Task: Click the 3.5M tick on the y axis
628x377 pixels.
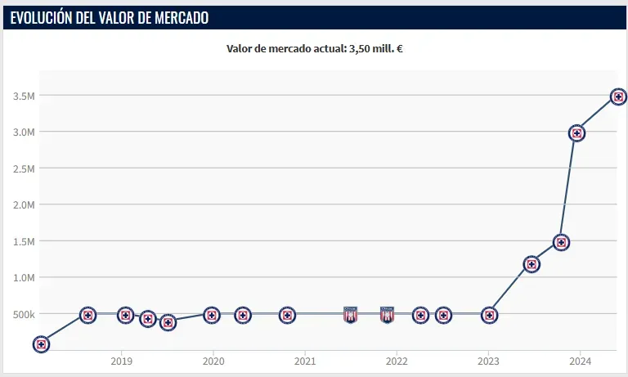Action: pyautogui.click(x=23, y=96)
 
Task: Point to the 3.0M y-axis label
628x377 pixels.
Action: pyautogui.click(x=23, y=132)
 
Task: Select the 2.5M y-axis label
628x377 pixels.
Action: pyautogui.click(x=23, y=168)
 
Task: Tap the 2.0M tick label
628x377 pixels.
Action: pyautogui.click(x=23, y=205)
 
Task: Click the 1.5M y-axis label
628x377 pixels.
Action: pyautogui.click(x=23, y=242)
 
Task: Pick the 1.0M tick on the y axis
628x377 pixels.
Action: pyautogui.click(x=23, y=278)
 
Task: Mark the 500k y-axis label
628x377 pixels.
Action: pyautogui.click(x=23, y=315)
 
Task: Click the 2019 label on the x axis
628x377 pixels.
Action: pyautogui.click(x=121, y=361)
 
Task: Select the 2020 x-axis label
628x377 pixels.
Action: pyautogui.click(x=213, y=361)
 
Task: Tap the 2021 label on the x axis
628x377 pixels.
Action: pyautogui.click(x=305, y=361)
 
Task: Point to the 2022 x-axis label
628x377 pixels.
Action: pyautogui.click(x=397, y=361)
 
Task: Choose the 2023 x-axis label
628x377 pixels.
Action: pyautogui.click(x=488, y=361)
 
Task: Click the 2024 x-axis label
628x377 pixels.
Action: pyautogui.click(x=580, y=361)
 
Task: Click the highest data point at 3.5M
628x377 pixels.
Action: pyautogui.click(x=619, y=96)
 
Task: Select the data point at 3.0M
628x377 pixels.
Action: pyautogui.click(x=576, y=133)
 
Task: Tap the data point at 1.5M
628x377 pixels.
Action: pyautogui.click(x=561, y=242)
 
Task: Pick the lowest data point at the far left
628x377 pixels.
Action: pyautogui.click(x=41, y=344)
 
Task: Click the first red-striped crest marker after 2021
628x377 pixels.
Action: pyautogui.click(x=351, y=315)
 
